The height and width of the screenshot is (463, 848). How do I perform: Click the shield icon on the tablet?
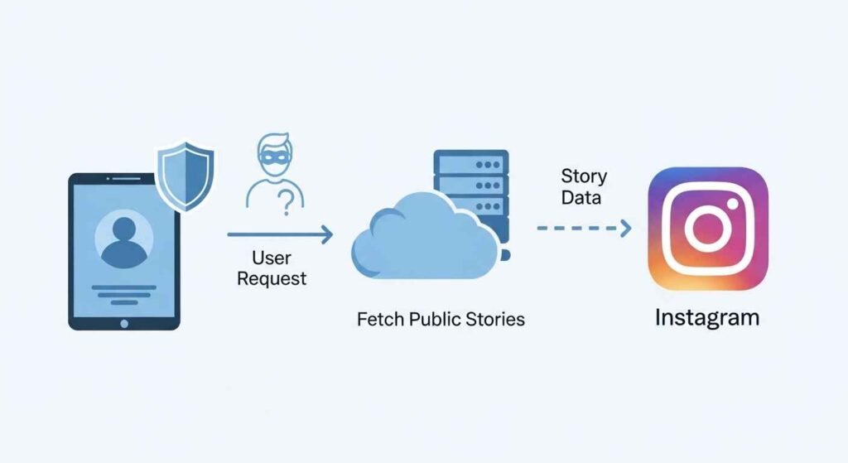[185, 176]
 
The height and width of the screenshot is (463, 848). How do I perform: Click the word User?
[272, 258]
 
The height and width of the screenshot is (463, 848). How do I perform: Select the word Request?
[272, 278]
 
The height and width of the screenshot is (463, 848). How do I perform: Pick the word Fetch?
[376, 319]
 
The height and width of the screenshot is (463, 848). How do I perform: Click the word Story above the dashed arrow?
[584, 176]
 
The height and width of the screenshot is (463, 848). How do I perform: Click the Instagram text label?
[707, 317]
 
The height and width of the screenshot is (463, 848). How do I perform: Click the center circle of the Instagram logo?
[707, 229]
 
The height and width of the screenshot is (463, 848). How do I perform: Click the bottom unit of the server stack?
[470, 224]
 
